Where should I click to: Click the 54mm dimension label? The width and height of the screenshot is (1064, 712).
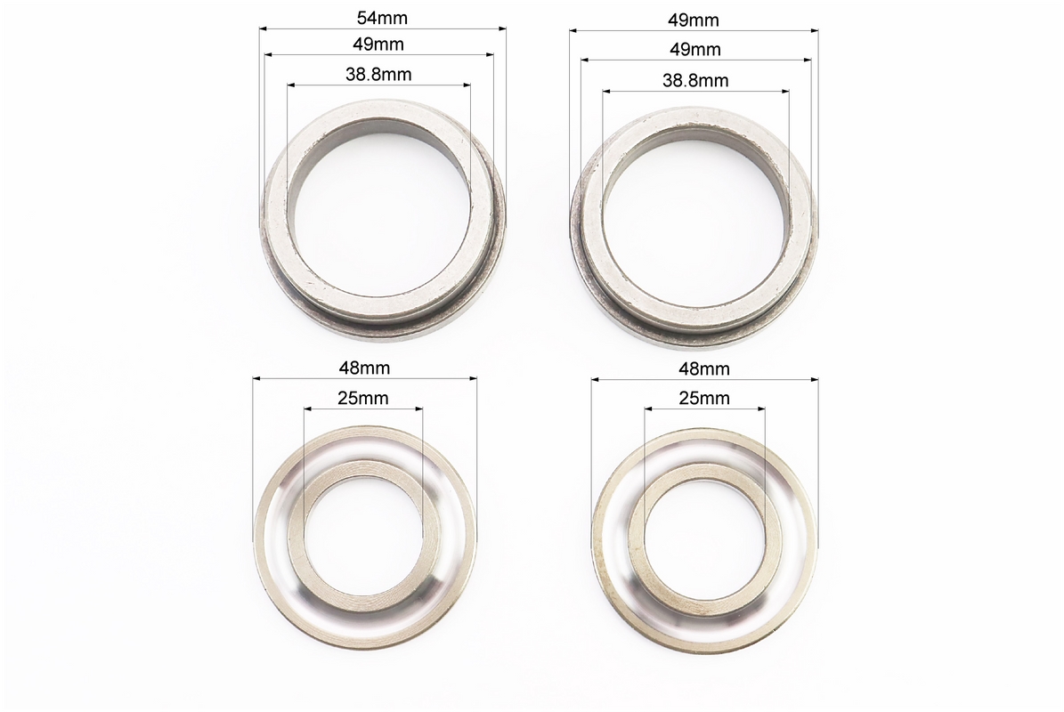(x=382, y=18)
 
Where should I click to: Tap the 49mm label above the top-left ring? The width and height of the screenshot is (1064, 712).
(x=378, y=44)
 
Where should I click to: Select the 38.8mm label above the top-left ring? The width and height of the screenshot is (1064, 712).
(x=378, y=74)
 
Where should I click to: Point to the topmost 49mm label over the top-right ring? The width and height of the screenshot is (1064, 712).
(x=694, y=20)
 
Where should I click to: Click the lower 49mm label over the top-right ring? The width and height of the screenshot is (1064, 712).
(x=694, y=50)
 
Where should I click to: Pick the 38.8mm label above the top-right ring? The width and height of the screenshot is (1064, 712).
(x=695, y=81)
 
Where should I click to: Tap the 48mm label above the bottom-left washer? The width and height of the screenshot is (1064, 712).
(x=364, y=368)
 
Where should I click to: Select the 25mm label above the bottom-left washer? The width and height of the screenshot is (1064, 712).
(x=363, y=398)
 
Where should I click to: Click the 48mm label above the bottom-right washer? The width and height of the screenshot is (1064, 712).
(x=704, y=368)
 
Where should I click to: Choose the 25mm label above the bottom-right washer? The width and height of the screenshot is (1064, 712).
(x=704, y=398)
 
